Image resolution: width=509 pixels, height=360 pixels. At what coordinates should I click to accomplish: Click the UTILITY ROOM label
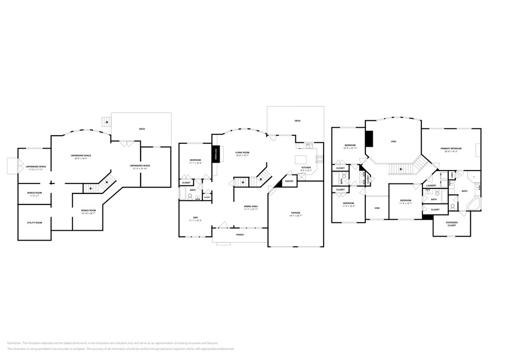coord(34,222)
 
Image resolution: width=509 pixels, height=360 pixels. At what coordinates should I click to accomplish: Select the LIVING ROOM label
coord(242,153)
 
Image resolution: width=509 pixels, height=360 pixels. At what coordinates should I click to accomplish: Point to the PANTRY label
coord(289,181)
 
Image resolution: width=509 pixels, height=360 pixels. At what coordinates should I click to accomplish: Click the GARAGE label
coord(296,213)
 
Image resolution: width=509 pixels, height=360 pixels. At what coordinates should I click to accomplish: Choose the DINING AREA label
coord(251,206)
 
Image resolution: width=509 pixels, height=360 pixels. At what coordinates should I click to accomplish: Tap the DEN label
coord(195,217)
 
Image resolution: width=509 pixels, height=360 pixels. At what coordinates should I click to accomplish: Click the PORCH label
coord(240,235)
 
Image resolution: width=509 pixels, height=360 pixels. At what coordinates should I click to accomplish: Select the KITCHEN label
coord(306,168)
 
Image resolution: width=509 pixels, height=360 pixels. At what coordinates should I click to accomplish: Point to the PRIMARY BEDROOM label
coord(451,148)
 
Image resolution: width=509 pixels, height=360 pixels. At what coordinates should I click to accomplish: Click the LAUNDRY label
coord(431,185)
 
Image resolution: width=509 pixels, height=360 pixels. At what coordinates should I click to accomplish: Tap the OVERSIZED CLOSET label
coord(451,224)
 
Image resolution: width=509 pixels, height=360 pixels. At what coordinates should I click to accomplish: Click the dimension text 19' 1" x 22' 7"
coord(296,216)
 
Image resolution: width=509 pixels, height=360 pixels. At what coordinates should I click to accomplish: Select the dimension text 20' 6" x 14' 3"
coord(451,151)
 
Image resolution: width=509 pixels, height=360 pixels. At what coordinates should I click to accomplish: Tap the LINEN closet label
coord(451,175)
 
